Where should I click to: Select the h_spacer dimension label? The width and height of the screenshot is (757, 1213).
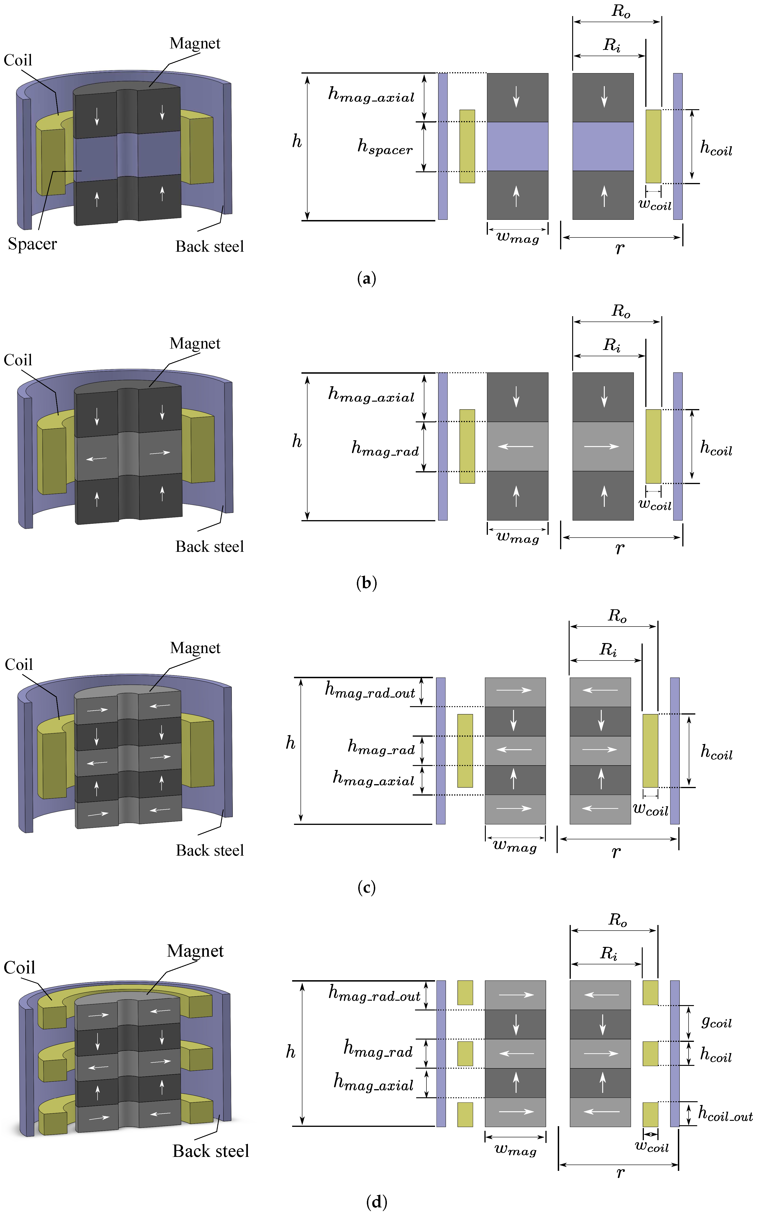[x=385, y=147]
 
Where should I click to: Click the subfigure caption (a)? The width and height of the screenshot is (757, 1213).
[x=366, y=278]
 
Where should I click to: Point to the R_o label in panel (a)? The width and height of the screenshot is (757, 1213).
[x=621, y=11]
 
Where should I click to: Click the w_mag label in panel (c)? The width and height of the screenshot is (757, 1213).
[x=515, y=846]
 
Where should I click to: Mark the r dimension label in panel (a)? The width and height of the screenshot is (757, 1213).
[x=620, y=248]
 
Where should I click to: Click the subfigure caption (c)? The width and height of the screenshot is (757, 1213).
[x=366, y=888]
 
